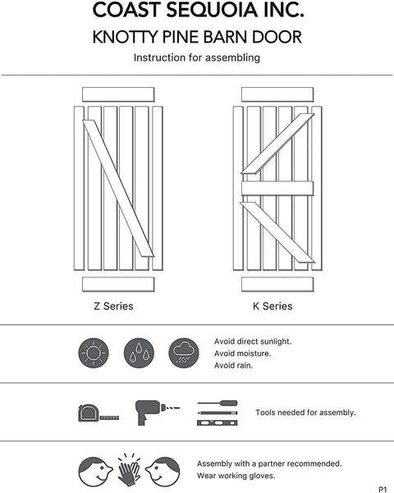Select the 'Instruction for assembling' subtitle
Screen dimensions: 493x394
pyautogui.click(x=196, y=58)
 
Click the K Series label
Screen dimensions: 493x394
pyautogui.click(x=272, y=307)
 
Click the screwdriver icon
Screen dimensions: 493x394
pyautogui.click(x=218, y=405)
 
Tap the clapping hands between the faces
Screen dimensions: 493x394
pyautogui.click(x=127, y=468)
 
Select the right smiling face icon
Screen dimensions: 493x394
pyautogui.click(x=162, y=470)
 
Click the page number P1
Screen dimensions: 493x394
pyautogui.click(x=383, y=488)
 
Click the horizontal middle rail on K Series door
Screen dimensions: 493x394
pyautogui.click(x=278, y=188)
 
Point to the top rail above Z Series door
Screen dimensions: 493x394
pyautogui.click(x=118, y=93)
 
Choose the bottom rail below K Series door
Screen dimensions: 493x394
pyautogui.click(x=277, y=285)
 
